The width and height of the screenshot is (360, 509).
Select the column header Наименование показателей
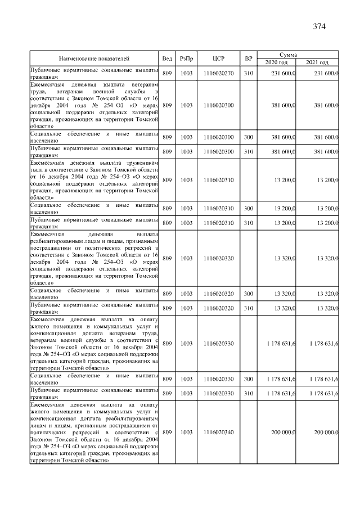94,58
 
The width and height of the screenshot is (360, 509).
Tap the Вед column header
167,58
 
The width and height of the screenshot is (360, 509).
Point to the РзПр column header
186,58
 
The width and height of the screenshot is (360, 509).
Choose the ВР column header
248,58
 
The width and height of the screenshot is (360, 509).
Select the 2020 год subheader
276,62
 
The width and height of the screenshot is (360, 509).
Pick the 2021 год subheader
317,62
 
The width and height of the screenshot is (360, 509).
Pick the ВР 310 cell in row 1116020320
248,308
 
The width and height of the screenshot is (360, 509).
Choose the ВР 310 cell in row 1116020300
248,152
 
